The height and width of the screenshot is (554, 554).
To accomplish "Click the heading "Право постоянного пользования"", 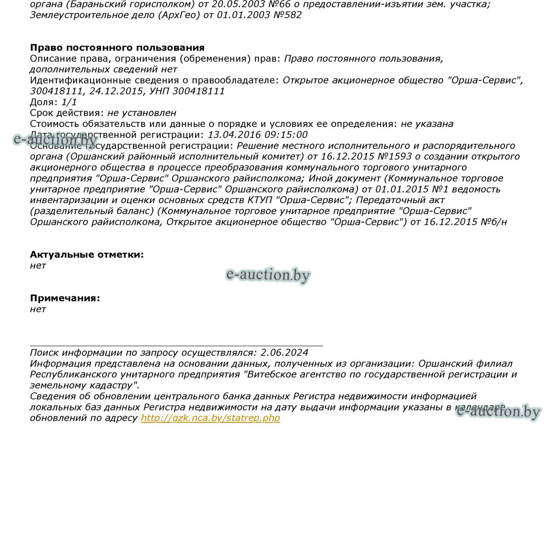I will pyautogui.click(x=117, y=48).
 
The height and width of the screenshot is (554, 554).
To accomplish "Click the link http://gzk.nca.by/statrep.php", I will pyautogui.click(x=210, y=418).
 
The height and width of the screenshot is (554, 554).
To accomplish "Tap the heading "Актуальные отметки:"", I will pyautogui.click(x=87, y=254).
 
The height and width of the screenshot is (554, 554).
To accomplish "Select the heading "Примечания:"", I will pyautogui.click(x=65, y=298).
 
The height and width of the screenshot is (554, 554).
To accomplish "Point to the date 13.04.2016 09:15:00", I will pyautogui.click(x=258, y=135).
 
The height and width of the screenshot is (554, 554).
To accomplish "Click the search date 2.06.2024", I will pyautogui.click(x=284, y=353).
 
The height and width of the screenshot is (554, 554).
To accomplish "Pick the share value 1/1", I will pyautogui.click(x=69, y=102).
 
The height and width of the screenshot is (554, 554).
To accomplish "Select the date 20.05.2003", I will pyautogui.click(x=235, y=4).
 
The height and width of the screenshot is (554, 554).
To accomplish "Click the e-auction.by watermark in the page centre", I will pyautogui.click(x=268, y=275).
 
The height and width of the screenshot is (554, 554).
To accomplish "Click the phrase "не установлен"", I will pyautogui.click(x=142, y=113).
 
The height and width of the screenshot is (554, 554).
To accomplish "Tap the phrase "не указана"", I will pyautogui.click(x=427, y=124).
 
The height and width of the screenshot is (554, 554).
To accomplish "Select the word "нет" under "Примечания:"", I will pyautogui.click(x=38, y=309).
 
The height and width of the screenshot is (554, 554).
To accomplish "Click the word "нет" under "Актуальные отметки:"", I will pyautogui.click(x=38, y=265).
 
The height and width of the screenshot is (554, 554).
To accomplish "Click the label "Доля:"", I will pyautogui.click(x=44, y=102).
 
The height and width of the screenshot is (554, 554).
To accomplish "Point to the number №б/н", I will pyautogui.click(x=494, y=222).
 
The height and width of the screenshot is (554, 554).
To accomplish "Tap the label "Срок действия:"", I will pyautogui.click(x=67, y=113).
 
